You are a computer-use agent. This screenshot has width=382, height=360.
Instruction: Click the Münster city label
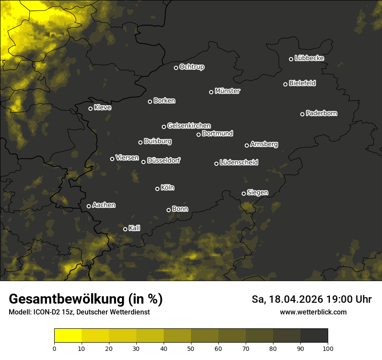(x=227, y=91)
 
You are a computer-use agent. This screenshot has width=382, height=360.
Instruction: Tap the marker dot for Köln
(x=157, y=189)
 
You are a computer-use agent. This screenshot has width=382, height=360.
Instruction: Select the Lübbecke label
(x=309, y=58)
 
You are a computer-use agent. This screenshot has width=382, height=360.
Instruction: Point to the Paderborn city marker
(x=302, y=114)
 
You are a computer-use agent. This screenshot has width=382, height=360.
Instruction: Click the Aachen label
(x=104, y=205)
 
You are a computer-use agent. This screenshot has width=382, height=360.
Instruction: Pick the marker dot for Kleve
(x=90, y=108)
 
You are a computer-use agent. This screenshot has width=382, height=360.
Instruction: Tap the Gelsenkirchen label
(x=189, y=126)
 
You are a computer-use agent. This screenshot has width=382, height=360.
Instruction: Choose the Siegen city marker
(x=244, y=193)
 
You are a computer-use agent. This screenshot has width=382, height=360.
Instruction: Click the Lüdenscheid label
(x=239, y=162)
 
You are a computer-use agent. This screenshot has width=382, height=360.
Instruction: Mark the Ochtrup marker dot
(x=176, y=68)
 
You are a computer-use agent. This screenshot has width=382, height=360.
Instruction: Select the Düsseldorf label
(x=164, y=160)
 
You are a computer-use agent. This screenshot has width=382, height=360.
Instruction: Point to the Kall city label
(x=134, y=228)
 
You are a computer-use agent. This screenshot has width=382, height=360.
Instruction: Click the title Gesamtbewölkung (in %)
(x=86, y=299)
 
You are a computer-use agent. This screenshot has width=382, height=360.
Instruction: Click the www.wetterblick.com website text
(x=313, y=312)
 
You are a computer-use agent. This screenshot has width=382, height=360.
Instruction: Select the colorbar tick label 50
(x=191, y=348)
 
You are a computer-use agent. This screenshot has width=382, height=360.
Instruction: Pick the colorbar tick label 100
(x=328, y=348)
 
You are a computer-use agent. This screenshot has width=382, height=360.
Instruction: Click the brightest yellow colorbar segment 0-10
(x=68, y=336)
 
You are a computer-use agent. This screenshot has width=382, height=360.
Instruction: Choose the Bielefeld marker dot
(x=285, y=84)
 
